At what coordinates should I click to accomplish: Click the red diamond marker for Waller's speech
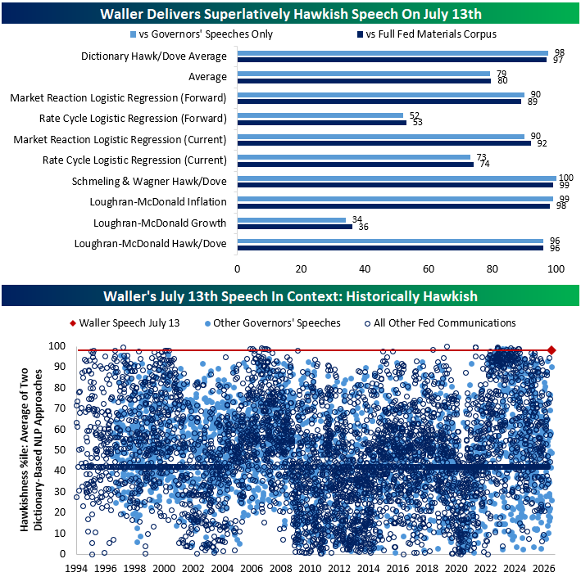[551, 350]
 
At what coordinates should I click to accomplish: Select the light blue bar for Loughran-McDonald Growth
[292, 220]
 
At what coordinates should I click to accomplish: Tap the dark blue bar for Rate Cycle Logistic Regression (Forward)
[322, 123]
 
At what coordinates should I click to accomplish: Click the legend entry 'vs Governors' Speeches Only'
[202, 34]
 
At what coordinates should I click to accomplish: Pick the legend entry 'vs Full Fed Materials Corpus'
[427, 34]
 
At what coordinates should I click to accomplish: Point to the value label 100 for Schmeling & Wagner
[565, 178]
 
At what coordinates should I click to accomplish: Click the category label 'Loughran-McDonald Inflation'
[158, 202]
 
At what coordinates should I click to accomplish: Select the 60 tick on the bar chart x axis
[429, 268]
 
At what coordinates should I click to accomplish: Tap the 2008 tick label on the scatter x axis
[281, 569]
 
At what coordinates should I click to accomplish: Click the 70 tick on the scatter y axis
[60, 408]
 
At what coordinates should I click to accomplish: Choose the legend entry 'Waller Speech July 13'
[125, 323]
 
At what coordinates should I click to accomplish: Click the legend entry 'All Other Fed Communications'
[440, 323]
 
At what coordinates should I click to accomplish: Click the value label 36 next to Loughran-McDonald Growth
[363, 227]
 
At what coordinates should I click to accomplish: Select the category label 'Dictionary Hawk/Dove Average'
[154, 56]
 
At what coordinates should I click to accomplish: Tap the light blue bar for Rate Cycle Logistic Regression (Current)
[354, 157]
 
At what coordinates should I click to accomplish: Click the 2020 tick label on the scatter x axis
[456, 569]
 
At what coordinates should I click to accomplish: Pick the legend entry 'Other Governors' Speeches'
[272, 323]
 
